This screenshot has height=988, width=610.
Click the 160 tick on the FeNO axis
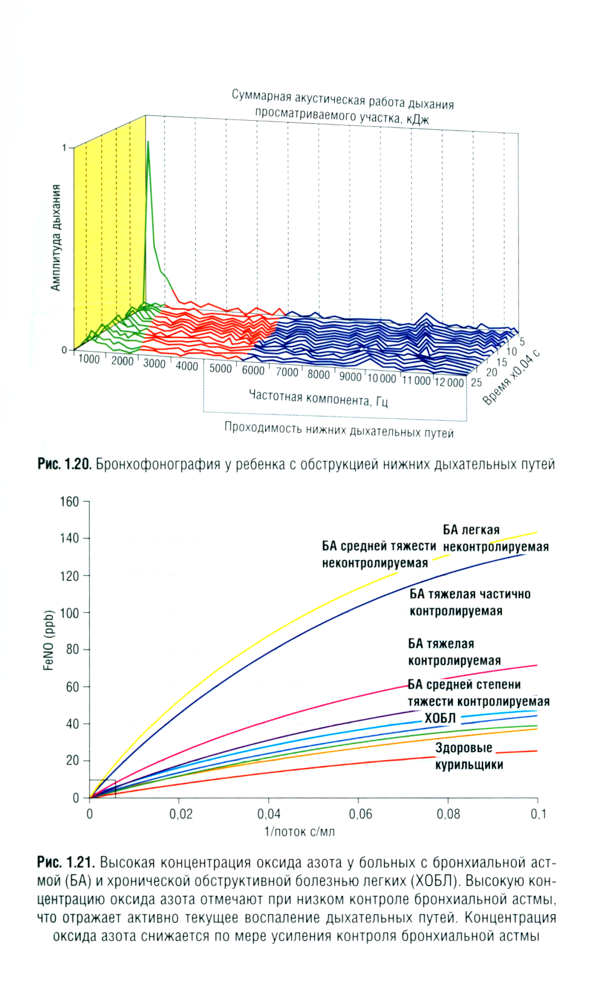70,502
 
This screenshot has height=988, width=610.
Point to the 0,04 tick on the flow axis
268,814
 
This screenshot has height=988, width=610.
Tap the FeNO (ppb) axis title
49,640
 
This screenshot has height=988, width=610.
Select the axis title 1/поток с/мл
299,832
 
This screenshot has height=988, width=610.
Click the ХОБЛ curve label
440,718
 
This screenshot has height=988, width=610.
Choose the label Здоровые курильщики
468,756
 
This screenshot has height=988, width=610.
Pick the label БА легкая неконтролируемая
495,539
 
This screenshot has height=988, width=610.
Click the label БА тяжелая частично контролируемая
470,603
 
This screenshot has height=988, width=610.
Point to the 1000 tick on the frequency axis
89,359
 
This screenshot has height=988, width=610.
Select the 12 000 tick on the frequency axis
450,383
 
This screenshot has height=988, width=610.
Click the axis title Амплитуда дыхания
56,238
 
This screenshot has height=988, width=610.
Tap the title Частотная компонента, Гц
318,398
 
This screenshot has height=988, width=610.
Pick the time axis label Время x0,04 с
511,379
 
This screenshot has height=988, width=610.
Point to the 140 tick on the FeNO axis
70,539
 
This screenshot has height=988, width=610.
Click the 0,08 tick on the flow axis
448,814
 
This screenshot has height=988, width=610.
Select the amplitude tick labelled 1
64,148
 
